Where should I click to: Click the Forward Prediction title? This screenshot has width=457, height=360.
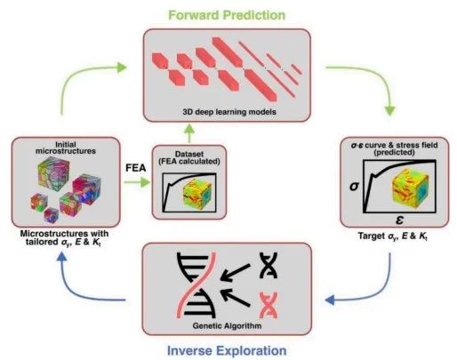coord(227,15)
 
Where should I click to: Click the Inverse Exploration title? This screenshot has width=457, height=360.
coord(227,350)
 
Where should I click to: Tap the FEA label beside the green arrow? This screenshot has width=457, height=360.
coord(136,168)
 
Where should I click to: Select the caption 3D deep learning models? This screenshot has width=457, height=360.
coord(229,112)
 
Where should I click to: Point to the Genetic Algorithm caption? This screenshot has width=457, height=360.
coord(227,326)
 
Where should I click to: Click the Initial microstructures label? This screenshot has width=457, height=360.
coord(66,148)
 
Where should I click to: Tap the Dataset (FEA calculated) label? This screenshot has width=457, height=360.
coord(189,158)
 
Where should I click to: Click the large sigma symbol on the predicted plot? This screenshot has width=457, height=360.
coord(354,187)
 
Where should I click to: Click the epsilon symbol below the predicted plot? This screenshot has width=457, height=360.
coord(399,220)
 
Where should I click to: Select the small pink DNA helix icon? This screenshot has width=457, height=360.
coord(269,305)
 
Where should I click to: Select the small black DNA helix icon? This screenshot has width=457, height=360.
coord(269,265)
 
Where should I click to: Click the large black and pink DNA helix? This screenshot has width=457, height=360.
coord(196,285)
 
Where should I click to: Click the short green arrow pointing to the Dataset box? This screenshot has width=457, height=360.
coord(137,182)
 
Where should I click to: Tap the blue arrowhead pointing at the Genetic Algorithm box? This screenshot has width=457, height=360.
coord(330,300)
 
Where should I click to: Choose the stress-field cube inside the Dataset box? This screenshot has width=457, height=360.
coord(197,193)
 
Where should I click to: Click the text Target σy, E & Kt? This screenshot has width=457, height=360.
coord(393,236)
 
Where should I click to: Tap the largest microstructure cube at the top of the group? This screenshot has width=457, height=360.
coord(54,172)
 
